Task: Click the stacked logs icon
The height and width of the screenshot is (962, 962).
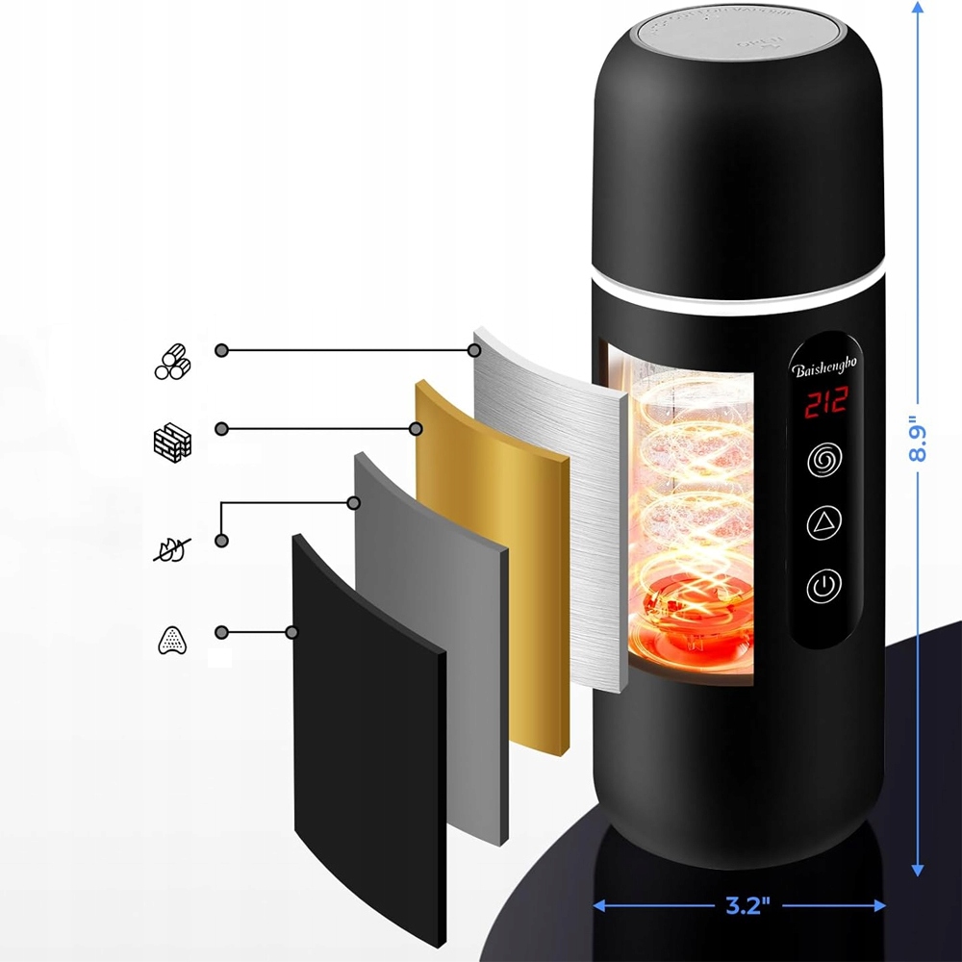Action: [x=173, y=362]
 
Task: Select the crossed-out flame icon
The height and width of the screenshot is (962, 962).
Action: [x=173, y=549]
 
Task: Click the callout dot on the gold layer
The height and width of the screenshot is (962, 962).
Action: [x=417, y=428]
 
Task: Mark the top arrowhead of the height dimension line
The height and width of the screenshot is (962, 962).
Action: [x=918, y=8]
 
